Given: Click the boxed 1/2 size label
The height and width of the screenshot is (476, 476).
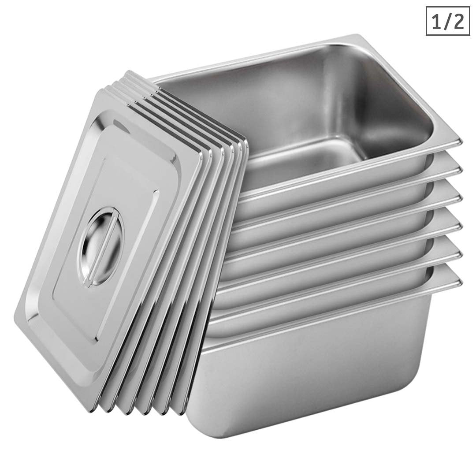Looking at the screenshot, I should coord(447,21).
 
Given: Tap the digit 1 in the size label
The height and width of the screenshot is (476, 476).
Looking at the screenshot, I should coord(437,21).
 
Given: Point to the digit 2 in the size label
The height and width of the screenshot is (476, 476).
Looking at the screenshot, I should coord(458,21).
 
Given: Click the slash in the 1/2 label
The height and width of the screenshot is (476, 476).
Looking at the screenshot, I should coord(448,21).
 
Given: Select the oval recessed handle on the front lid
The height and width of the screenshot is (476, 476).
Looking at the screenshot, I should coord(101,247).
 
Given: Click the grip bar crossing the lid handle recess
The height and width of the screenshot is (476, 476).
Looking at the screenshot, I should coord(102,247).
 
